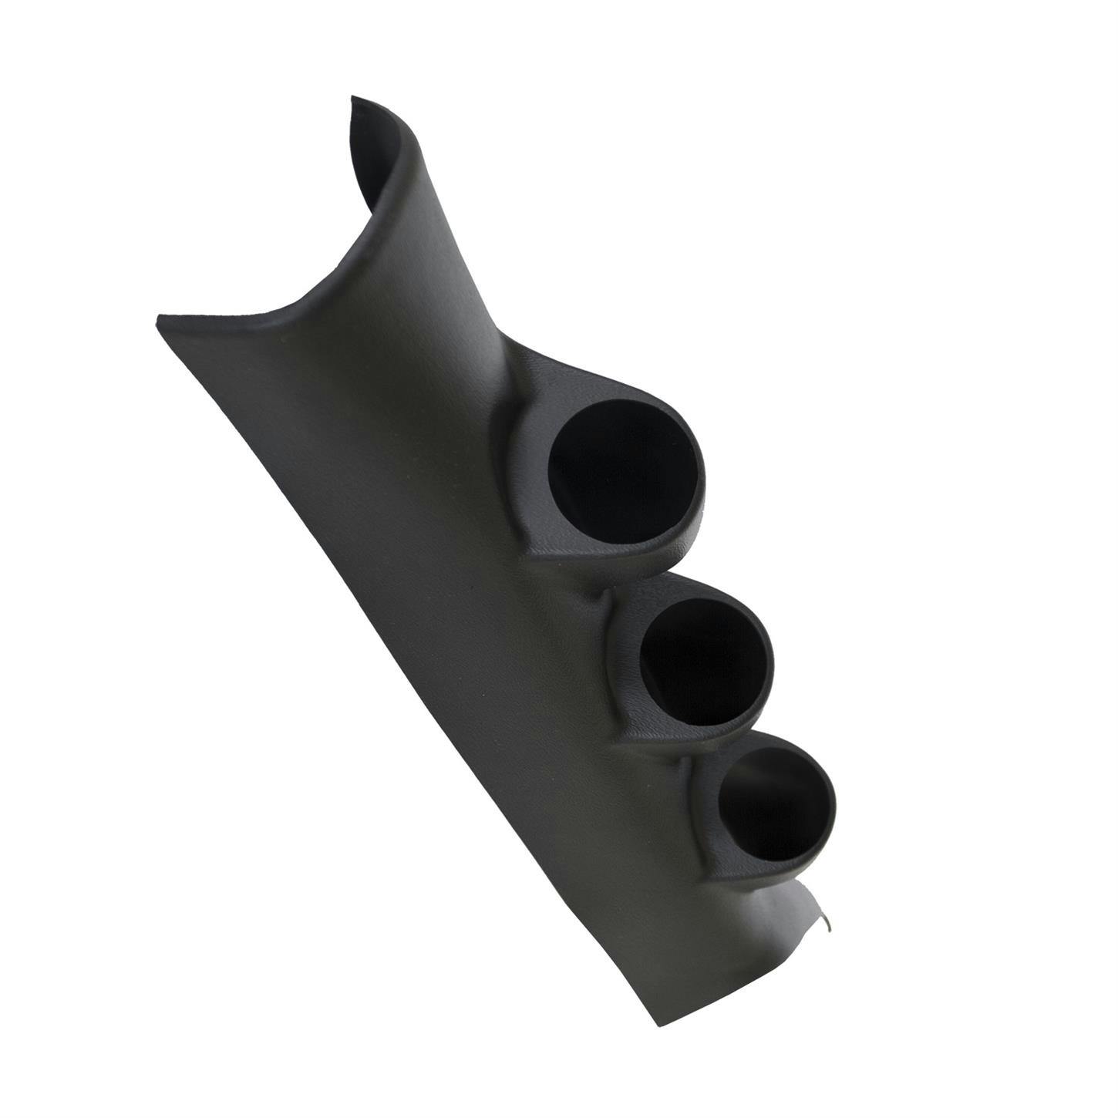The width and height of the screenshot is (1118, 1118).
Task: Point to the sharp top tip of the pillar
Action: (x=353, y=99)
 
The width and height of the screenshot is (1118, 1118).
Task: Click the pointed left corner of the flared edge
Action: (x=159, y=317)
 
